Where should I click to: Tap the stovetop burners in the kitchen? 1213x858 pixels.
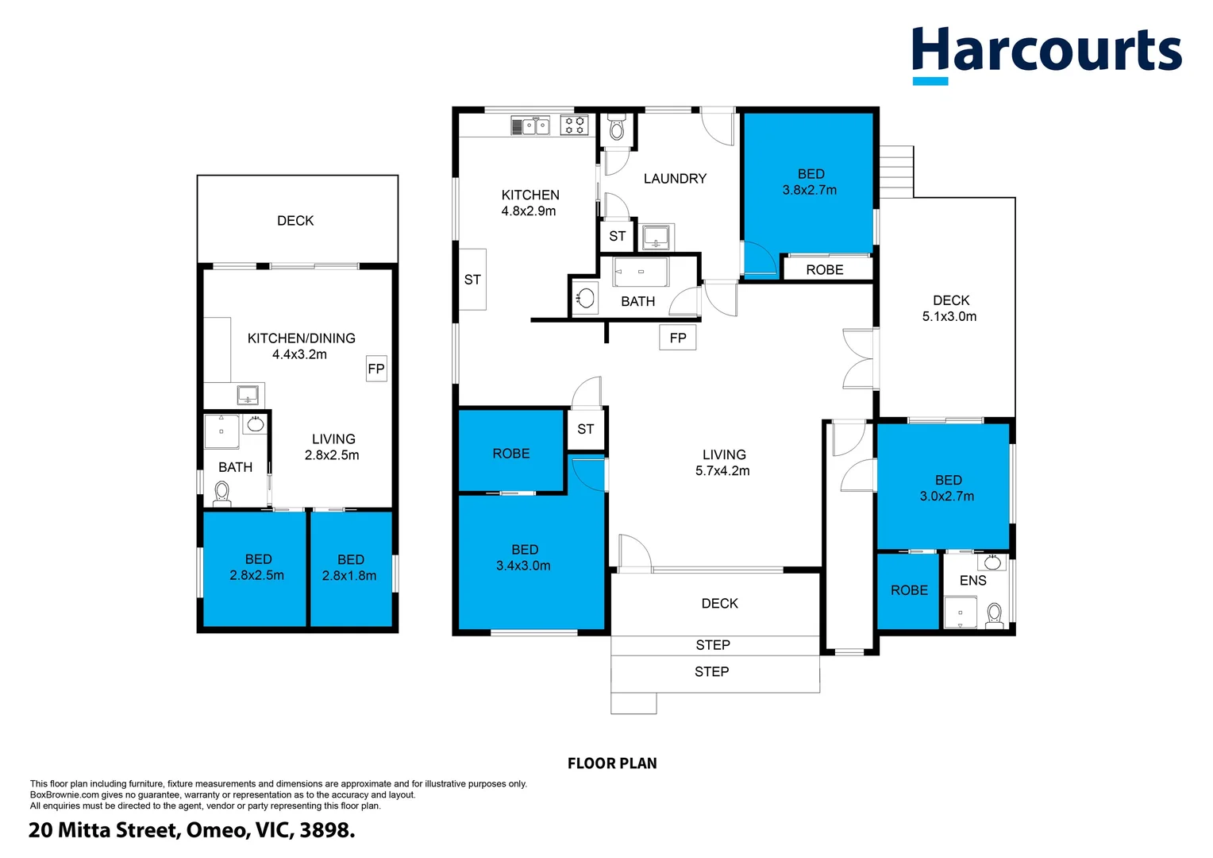point(574,126)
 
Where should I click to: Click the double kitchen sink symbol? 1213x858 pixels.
point(530,126)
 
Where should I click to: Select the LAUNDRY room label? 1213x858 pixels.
point(675,178)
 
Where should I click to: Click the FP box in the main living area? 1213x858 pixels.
point(677,338)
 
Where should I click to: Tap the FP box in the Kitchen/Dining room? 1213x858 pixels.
point(376,369)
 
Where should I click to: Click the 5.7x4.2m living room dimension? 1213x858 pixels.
point(722,470)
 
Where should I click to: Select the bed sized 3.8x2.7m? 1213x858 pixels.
point(808,184)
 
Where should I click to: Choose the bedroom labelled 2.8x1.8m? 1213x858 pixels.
point(351,569)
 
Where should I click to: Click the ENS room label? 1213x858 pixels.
point(972,581)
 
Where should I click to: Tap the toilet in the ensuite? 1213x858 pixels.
point(994,616)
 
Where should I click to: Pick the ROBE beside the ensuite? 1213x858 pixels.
point(908,591)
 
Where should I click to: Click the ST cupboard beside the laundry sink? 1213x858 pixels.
point(617,236)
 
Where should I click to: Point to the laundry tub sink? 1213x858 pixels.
point(656,237)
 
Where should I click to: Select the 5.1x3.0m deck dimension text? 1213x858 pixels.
point(949,316)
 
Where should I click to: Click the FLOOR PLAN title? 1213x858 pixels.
point(612,763)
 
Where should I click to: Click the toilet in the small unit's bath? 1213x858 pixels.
point(222,494)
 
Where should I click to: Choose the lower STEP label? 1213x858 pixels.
point(711,671)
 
